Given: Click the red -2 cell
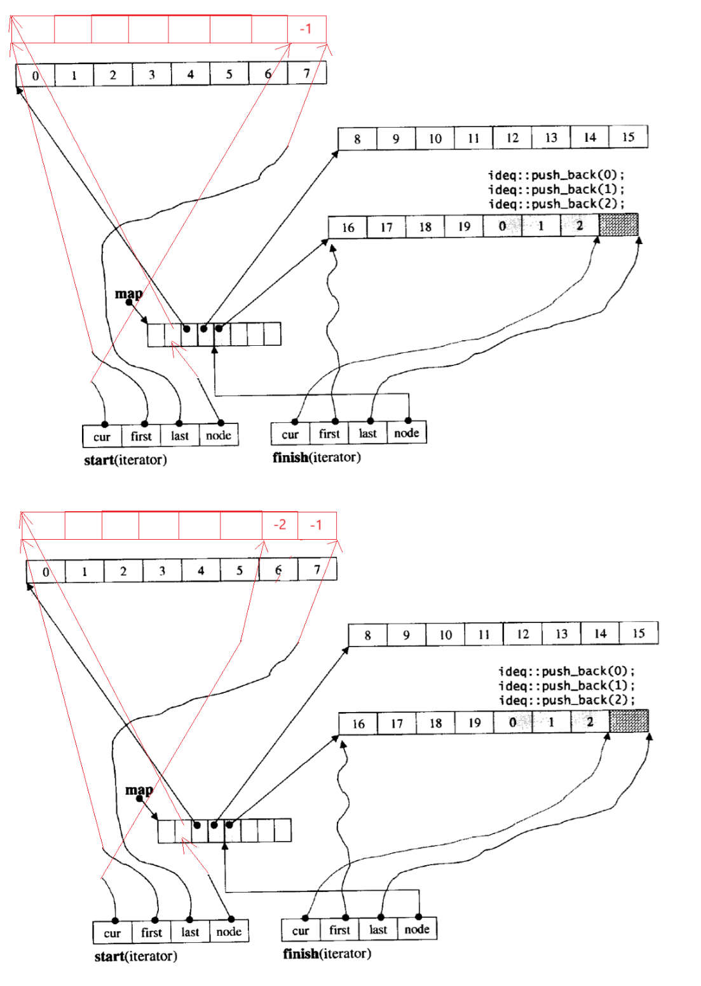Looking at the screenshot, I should coord(280,525).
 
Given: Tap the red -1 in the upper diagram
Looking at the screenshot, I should coord(306,29).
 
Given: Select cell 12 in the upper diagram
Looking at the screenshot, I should coord(512,138).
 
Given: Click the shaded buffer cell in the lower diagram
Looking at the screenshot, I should coord(629,722).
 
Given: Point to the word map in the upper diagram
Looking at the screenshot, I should coord(128,294).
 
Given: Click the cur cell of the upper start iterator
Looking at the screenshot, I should coord(102,436).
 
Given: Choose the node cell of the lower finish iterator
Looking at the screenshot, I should coord(416,929).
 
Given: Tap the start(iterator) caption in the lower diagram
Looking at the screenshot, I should coord(135,956).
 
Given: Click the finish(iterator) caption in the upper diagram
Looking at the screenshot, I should coord(316,457).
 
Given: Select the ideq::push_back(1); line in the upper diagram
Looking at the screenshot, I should coord(556,189).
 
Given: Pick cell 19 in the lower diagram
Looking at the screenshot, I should coord(474,723).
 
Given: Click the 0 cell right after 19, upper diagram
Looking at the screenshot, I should coord(502,226).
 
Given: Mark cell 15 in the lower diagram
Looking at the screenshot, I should coord(638,633).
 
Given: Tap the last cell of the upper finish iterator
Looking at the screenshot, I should coord(367,434).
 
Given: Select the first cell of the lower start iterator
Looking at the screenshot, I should coord(151,933).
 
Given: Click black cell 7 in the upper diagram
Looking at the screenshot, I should coord(306,74).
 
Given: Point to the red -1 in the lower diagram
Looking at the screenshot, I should coord(316,525).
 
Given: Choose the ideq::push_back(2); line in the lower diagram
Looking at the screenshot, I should coord(566,701).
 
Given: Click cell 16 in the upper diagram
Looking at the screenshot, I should coord(348,228).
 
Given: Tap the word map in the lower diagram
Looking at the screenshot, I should coord(139,790).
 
